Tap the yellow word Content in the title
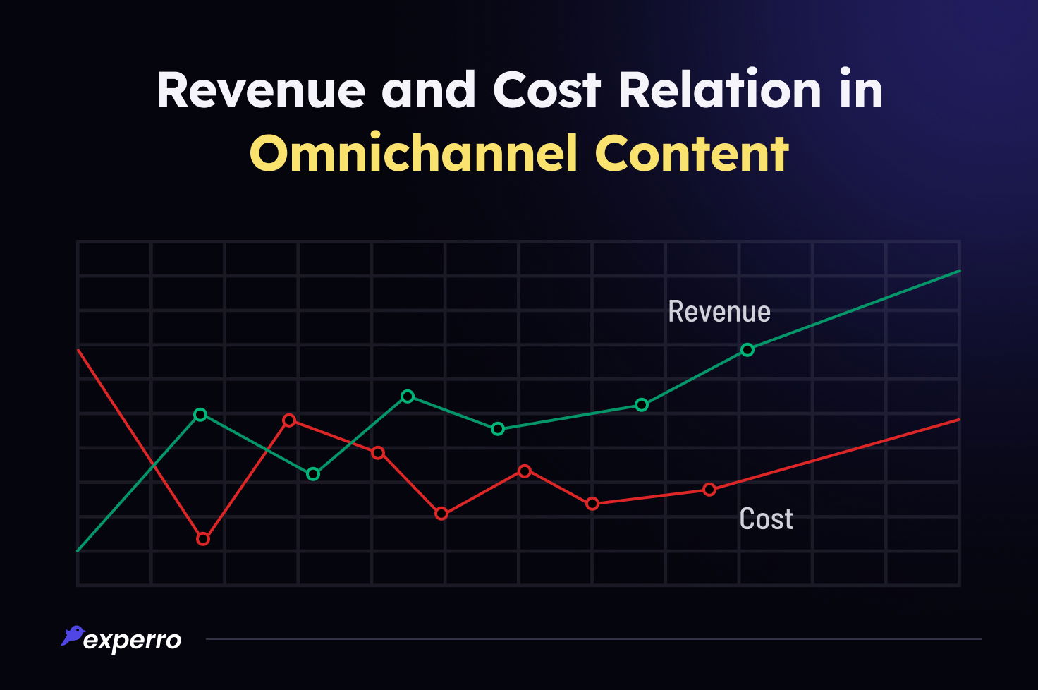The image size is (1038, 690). click(692, 154)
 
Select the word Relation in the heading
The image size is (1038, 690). click(720, 90)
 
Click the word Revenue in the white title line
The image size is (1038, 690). click(261, 90)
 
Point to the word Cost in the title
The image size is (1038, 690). click(547, 90)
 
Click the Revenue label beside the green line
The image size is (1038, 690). click(719, 312)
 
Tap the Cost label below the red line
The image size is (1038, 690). click(766, 519)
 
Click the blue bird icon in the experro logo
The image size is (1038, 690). click(73, 635)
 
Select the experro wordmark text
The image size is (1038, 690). click(133, 641)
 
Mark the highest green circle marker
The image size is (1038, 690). click(747, 350)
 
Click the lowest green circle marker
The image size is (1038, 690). click(313, 474)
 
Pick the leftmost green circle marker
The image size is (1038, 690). click(200, 415)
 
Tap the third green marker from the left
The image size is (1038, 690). click(408, 397)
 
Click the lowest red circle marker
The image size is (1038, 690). click(203, 539)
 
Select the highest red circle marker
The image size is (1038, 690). click(289, 420)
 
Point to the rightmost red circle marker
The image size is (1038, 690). click(709, 490)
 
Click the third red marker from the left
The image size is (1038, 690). click(378, 453)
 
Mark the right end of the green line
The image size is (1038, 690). click(959, 271)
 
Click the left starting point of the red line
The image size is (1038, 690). click(78, 350)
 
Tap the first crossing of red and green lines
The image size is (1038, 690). click(153, 465)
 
